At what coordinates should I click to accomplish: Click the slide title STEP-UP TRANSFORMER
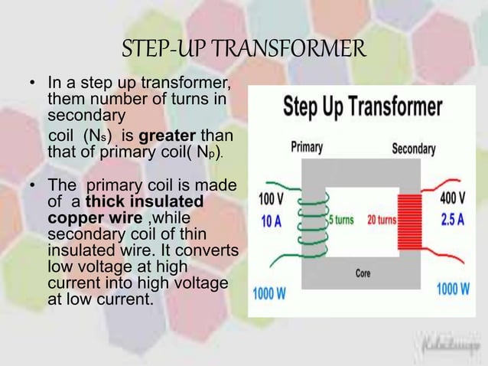tap(244, 51)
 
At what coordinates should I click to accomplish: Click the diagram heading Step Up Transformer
tap(363, 107)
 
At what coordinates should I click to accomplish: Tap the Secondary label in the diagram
tap(414, 148)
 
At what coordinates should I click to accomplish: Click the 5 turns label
tap(340, 220)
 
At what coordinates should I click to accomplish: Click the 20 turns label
tap(381, 220)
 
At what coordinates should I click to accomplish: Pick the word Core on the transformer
tap(363, 273)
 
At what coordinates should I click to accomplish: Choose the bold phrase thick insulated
tap(145, 201)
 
